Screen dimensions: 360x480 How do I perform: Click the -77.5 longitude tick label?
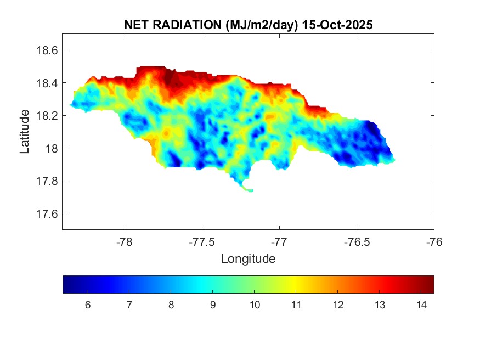[202, 241]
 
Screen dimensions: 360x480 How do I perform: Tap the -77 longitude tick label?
[280, 241]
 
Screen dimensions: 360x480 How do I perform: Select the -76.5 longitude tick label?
[357, 241]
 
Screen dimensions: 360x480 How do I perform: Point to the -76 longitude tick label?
[434, 241]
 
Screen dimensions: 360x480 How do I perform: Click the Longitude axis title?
[248, 258]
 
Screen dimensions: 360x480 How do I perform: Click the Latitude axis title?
[25, 132]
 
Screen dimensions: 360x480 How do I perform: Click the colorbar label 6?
[88, 305]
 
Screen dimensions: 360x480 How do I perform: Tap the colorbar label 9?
[212, 305]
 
